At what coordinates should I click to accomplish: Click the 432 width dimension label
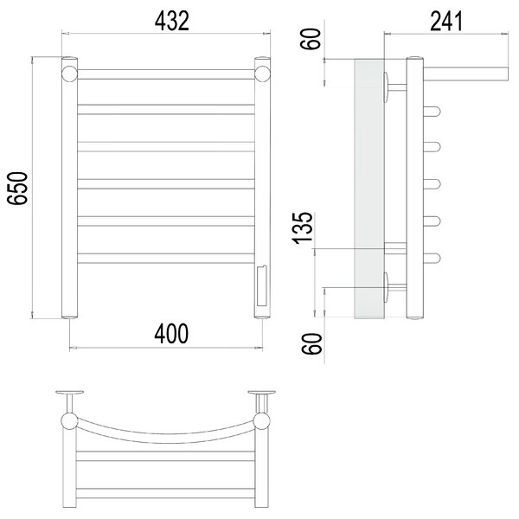[x=172, y=21]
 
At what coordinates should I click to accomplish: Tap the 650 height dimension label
[x=17, y=188]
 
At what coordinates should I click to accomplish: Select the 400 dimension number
[x=171, y=334]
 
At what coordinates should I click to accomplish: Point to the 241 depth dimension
[x=445, y=21]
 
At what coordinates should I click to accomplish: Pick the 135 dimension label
[x=303, y=228]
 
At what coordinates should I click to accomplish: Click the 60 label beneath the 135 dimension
[x=311, y=343]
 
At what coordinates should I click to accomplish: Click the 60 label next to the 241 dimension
[x=311, y=39]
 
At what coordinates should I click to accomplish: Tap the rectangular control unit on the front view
[x=262, y=286]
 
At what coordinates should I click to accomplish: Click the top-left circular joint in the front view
[x=69, y=74]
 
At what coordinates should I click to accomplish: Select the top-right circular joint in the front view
[x=262, y=74]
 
